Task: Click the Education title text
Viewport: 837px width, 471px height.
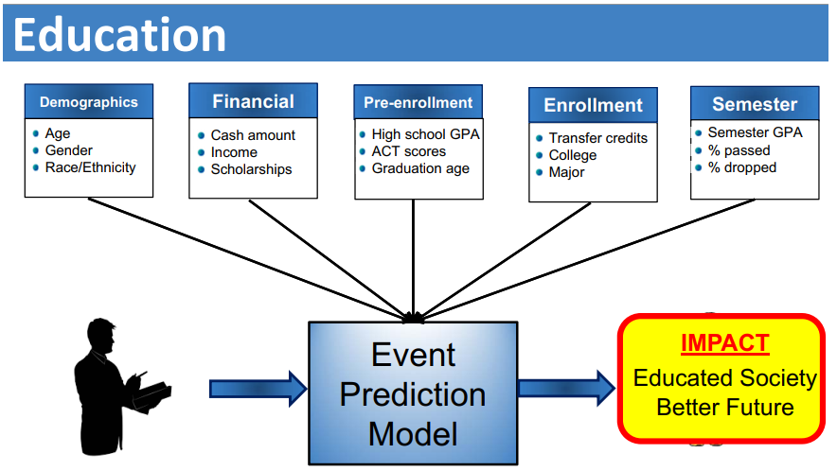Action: click(119, 35)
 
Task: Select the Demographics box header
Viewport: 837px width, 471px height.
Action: click(89, 101)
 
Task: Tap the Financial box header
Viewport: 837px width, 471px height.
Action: click(253, 101)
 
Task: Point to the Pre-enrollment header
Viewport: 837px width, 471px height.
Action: click(418, 102)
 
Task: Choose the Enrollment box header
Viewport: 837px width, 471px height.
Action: click(593, 105)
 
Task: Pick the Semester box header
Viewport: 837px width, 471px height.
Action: click(755, 103)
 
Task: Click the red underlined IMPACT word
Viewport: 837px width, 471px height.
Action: click(725, 343)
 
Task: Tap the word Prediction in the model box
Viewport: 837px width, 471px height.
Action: click(413, 394)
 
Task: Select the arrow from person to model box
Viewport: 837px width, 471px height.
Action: click(258, 389)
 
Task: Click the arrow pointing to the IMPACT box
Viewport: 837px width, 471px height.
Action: click(567, 389)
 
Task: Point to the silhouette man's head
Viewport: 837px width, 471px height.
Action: click(101, 335)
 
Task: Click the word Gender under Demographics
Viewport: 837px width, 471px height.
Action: click(69, 150)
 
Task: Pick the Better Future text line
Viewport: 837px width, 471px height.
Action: click(725, 408)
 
